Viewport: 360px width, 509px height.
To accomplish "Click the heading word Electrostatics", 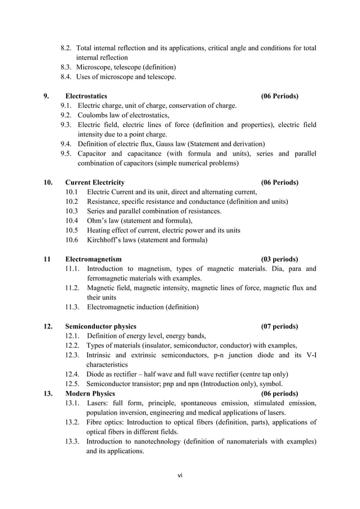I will (x=86, y=96).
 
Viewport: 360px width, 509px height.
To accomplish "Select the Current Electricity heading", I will (x=95, y=182).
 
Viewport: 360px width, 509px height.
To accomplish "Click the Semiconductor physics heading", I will (x=100, y=326).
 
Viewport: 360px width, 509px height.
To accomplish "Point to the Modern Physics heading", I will (x=90, y=393).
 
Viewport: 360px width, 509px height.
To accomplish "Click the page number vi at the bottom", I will (x=180, y=475).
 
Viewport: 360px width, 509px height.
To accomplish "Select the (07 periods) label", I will (x=280, y=326).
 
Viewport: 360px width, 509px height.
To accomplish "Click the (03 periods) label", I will (x=280, y=259).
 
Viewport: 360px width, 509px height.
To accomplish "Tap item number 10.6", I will (x=72, y=240).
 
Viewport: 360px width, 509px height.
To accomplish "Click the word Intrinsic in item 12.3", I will (x=100, y=355).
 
